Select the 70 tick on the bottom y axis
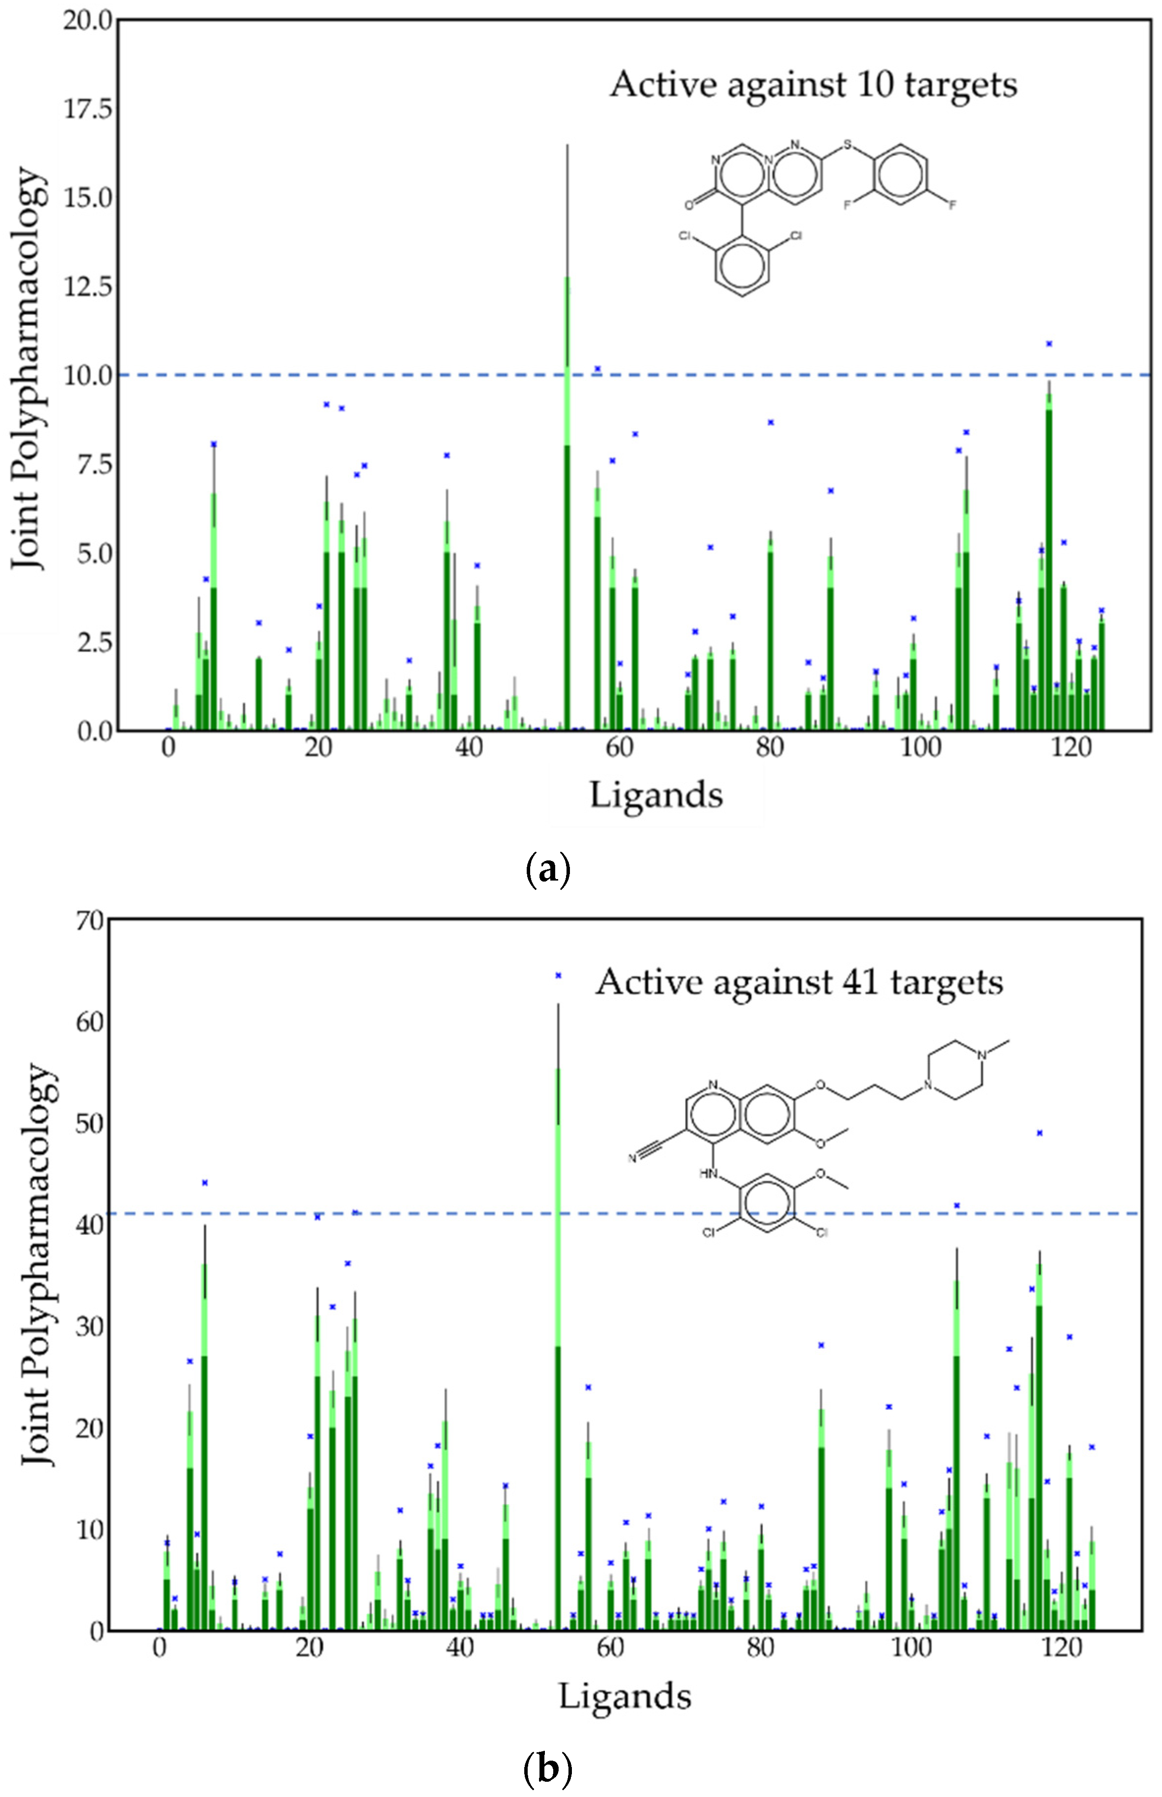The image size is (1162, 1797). coord(90,921)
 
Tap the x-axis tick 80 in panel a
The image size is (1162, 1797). coord(769,747)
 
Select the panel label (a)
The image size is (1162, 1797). coord(547,870)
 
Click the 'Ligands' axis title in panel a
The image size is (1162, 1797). coord(656,795)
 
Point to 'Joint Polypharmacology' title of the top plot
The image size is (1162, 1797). coord(28,370)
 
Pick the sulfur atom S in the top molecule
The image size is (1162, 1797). coord(847,144)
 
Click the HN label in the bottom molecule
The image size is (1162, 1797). coord(708,1174)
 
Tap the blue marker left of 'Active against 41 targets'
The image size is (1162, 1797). coord(558,975)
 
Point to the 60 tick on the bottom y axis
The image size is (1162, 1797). coord(90,1023)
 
